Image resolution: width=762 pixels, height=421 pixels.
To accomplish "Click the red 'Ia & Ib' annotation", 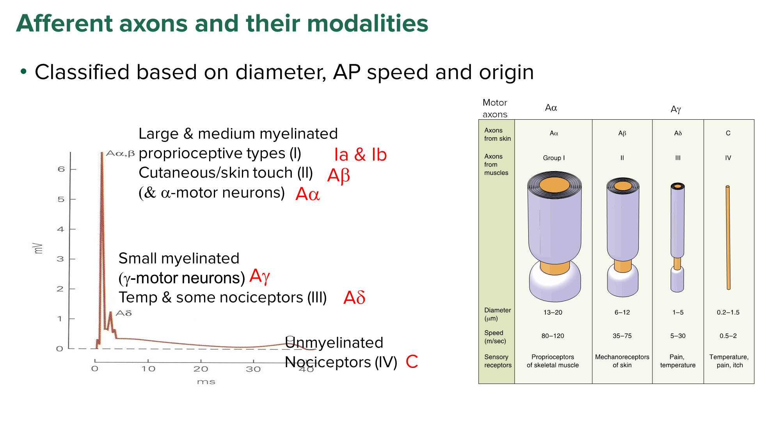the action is click(360, 155).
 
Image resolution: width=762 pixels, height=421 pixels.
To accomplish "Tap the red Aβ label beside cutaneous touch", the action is click(338, 175).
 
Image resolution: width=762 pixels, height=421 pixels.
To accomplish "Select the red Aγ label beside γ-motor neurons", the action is click(260, 276).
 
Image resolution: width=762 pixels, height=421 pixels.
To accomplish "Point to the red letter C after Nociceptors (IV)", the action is click(412, 362).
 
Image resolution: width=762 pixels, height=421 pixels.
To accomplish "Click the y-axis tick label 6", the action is click(61, 169).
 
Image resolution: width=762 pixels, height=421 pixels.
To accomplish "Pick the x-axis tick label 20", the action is click(201, 369).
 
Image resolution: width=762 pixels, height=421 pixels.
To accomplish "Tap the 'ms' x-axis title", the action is click(206, 382).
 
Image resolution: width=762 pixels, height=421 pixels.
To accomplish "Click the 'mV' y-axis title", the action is click(38, 248).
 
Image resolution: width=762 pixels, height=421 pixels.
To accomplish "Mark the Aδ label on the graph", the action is click(124, 313).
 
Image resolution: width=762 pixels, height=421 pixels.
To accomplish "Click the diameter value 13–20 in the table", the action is click(553, 312).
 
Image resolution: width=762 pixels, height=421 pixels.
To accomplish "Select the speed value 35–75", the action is click(622, 336).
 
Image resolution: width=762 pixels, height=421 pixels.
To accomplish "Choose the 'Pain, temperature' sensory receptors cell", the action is click(678, 361).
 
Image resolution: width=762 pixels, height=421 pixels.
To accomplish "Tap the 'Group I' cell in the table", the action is click(554, 158).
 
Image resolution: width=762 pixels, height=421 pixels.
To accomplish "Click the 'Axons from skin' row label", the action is click(497, 134).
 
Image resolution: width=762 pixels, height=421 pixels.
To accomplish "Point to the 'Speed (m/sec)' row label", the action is click(495, 337).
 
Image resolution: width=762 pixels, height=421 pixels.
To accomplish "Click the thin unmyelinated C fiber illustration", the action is click(728, 238).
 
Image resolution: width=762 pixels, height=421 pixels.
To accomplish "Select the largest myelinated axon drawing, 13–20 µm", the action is click(554, 236).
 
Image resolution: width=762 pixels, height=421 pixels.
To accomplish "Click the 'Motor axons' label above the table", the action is click(495, 108).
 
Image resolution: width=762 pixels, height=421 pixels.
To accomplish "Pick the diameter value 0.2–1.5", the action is click(728, 312).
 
